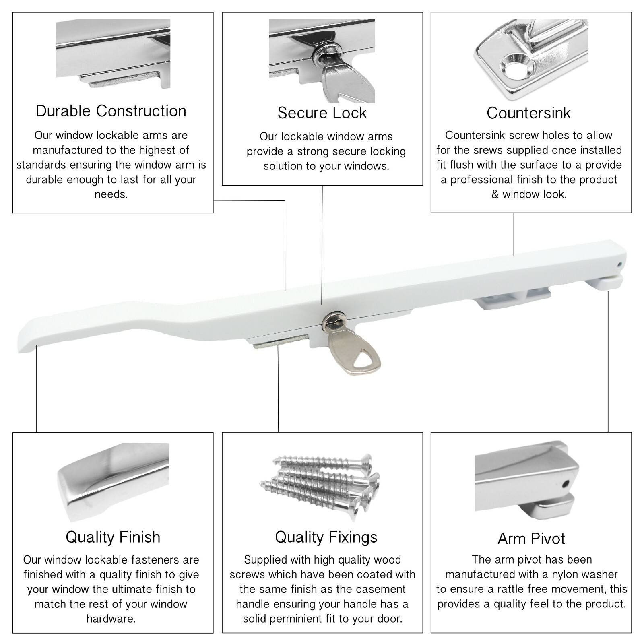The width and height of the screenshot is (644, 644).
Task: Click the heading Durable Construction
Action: tap(111, 111)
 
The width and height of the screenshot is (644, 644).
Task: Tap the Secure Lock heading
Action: tap(322, 113)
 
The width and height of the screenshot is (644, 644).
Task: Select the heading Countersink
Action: tap(528, 113)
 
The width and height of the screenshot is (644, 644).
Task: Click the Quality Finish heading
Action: tap(113, 537)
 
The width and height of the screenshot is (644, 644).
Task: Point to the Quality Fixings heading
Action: tap(326, 537)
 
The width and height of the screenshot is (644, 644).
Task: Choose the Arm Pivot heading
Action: tap(531, 539)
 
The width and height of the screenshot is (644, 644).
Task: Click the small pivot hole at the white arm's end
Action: tap(619, 265)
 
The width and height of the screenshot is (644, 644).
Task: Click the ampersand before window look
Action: tap(495, 194)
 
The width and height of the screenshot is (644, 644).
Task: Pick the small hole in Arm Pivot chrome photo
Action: tap(566, 483)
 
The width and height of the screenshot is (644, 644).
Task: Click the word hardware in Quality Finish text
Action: tap(111, 619)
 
